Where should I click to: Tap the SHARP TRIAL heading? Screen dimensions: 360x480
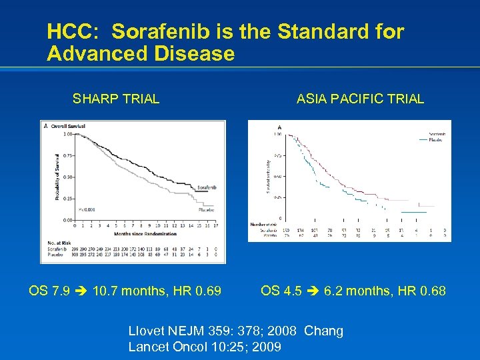(116, 99)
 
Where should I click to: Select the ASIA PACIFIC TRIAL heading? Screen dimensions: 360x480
(360, 99)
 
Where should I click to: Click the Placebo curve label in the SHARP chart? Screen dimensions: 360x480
(207, 209)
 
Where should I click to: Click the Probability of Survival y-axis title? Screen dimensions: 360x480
(49, 175)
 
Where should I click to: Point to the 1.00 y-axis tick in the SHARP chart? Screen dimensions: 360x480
(68, 134)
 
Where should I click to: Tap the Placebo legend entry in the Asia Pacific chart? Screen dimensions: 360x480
(437, 139)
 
